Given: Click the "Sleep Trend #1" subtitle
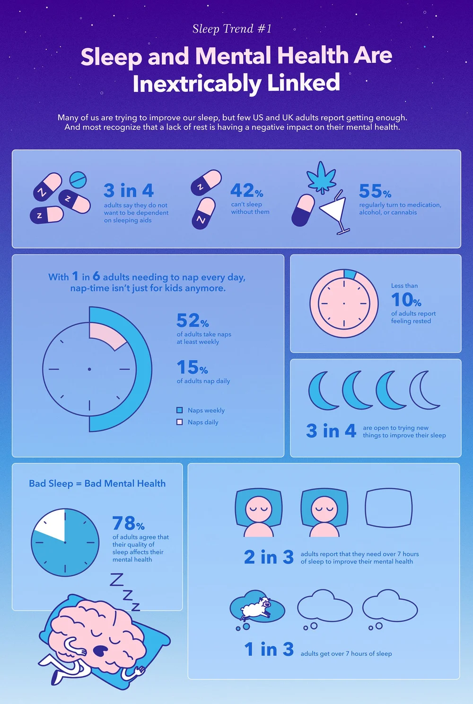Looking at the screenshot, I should [x=232, y=29].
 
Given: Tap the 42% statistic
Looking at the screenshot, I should [x=246, y=191].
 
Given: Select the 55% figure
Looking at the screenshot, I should [x=375, y=191].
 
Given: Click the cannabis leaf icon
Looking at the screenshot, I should [x=322, y=178].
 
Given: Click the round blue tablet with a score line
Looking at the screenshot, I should [x=78, y=179].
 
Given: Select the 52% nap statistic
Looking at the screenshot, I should [x=192, y=321].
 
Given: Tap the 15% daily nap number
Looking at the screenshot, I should [x=192, y=367].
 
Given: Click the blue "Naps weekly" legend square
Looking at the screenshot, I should [x=180, y=410].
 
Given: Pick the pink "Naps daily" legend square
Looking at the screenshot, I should [x=180, y=422].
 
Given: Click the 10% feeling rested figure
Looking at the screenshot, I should [x=406, y=300].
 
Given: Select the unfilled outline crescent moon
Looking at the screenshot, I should [x=424, y=390].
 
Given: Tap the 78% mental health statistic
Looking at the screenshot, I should [x=128, y=524].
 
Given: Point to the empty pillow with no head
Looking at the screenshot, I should [x=388, y=508].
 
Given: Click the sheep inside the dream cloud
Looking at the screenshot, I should [x=255, y=607].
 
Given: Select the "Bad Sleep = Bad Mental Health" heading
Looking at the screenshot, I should [x=97, y=483].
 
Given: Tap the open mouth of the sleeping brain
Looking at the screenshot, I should [x=100, y=651].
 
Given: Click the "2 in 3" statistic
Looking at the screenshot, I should [x=269, y=557].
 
